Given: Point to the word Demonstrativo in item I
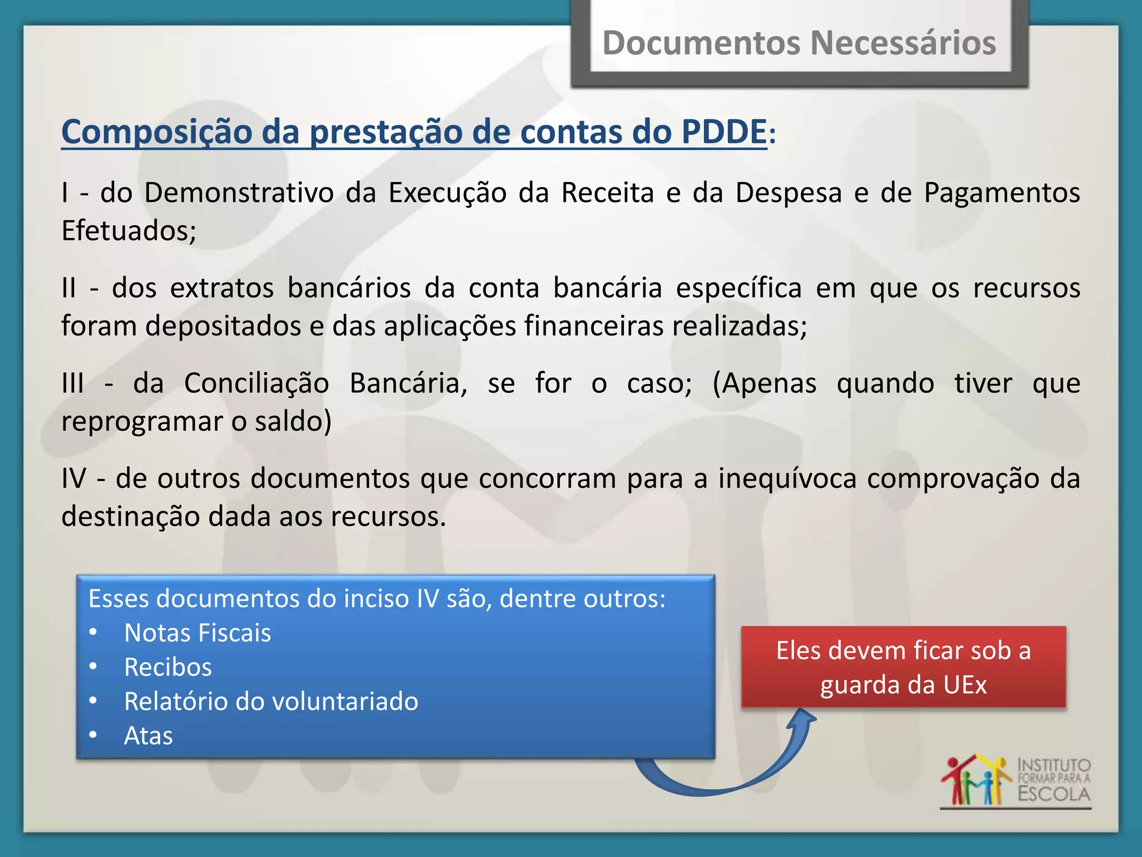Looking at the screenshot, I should click(239, 193).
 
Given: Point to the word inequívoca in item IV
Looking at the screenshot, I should click(787, 479).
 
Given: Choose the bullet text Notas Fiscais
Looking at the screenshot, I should click(197, 633).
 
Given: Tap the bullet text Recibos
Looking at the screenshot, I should click(168, 667).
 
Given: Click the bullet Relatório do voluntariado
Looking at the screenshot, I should click(271, 702).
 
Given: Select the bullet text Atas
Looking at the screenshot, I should click(148, 736).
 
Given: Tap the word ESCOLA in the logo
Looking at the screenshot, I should click(1053, 794).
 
